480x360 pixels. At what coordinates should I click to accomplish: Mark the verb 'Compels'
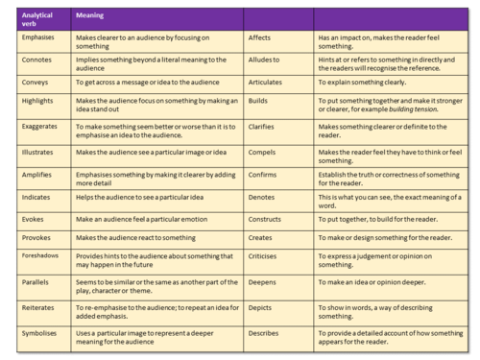tap(262, 153)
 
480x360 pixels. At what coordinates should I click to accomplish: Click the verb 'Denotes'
tap(261, 197)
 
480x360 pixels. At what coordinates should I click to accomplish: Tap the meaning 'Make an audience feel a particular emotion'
tap(145, 220)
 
